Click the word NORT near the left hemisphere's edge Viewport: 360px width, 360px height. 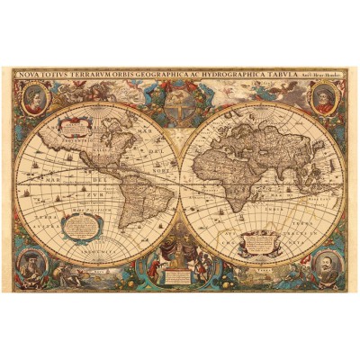pos(163,166)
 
